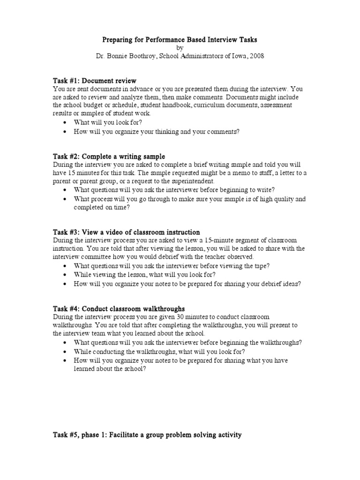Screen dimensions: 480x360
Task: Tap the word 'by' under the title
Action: tap(180, 48)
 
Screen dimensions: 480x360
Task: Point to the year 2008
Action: tap(256, 56)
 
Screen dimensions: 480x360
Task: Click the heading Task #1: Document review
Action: tap(94, 81)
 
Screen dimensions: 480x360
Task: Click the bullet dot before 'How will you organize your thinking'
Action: tap(65, 132)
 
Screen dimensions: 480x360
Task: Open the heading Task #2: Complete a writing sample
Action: tap(108, 156)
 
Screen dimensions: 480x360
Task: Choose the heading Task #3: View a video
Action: tap(126, 232)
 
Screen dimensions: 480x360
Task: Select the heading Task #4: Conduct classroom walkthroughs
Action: tap(119, 308)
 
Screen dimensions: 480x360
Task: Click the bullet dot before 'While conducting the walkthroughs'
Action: tap(65, 352)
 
